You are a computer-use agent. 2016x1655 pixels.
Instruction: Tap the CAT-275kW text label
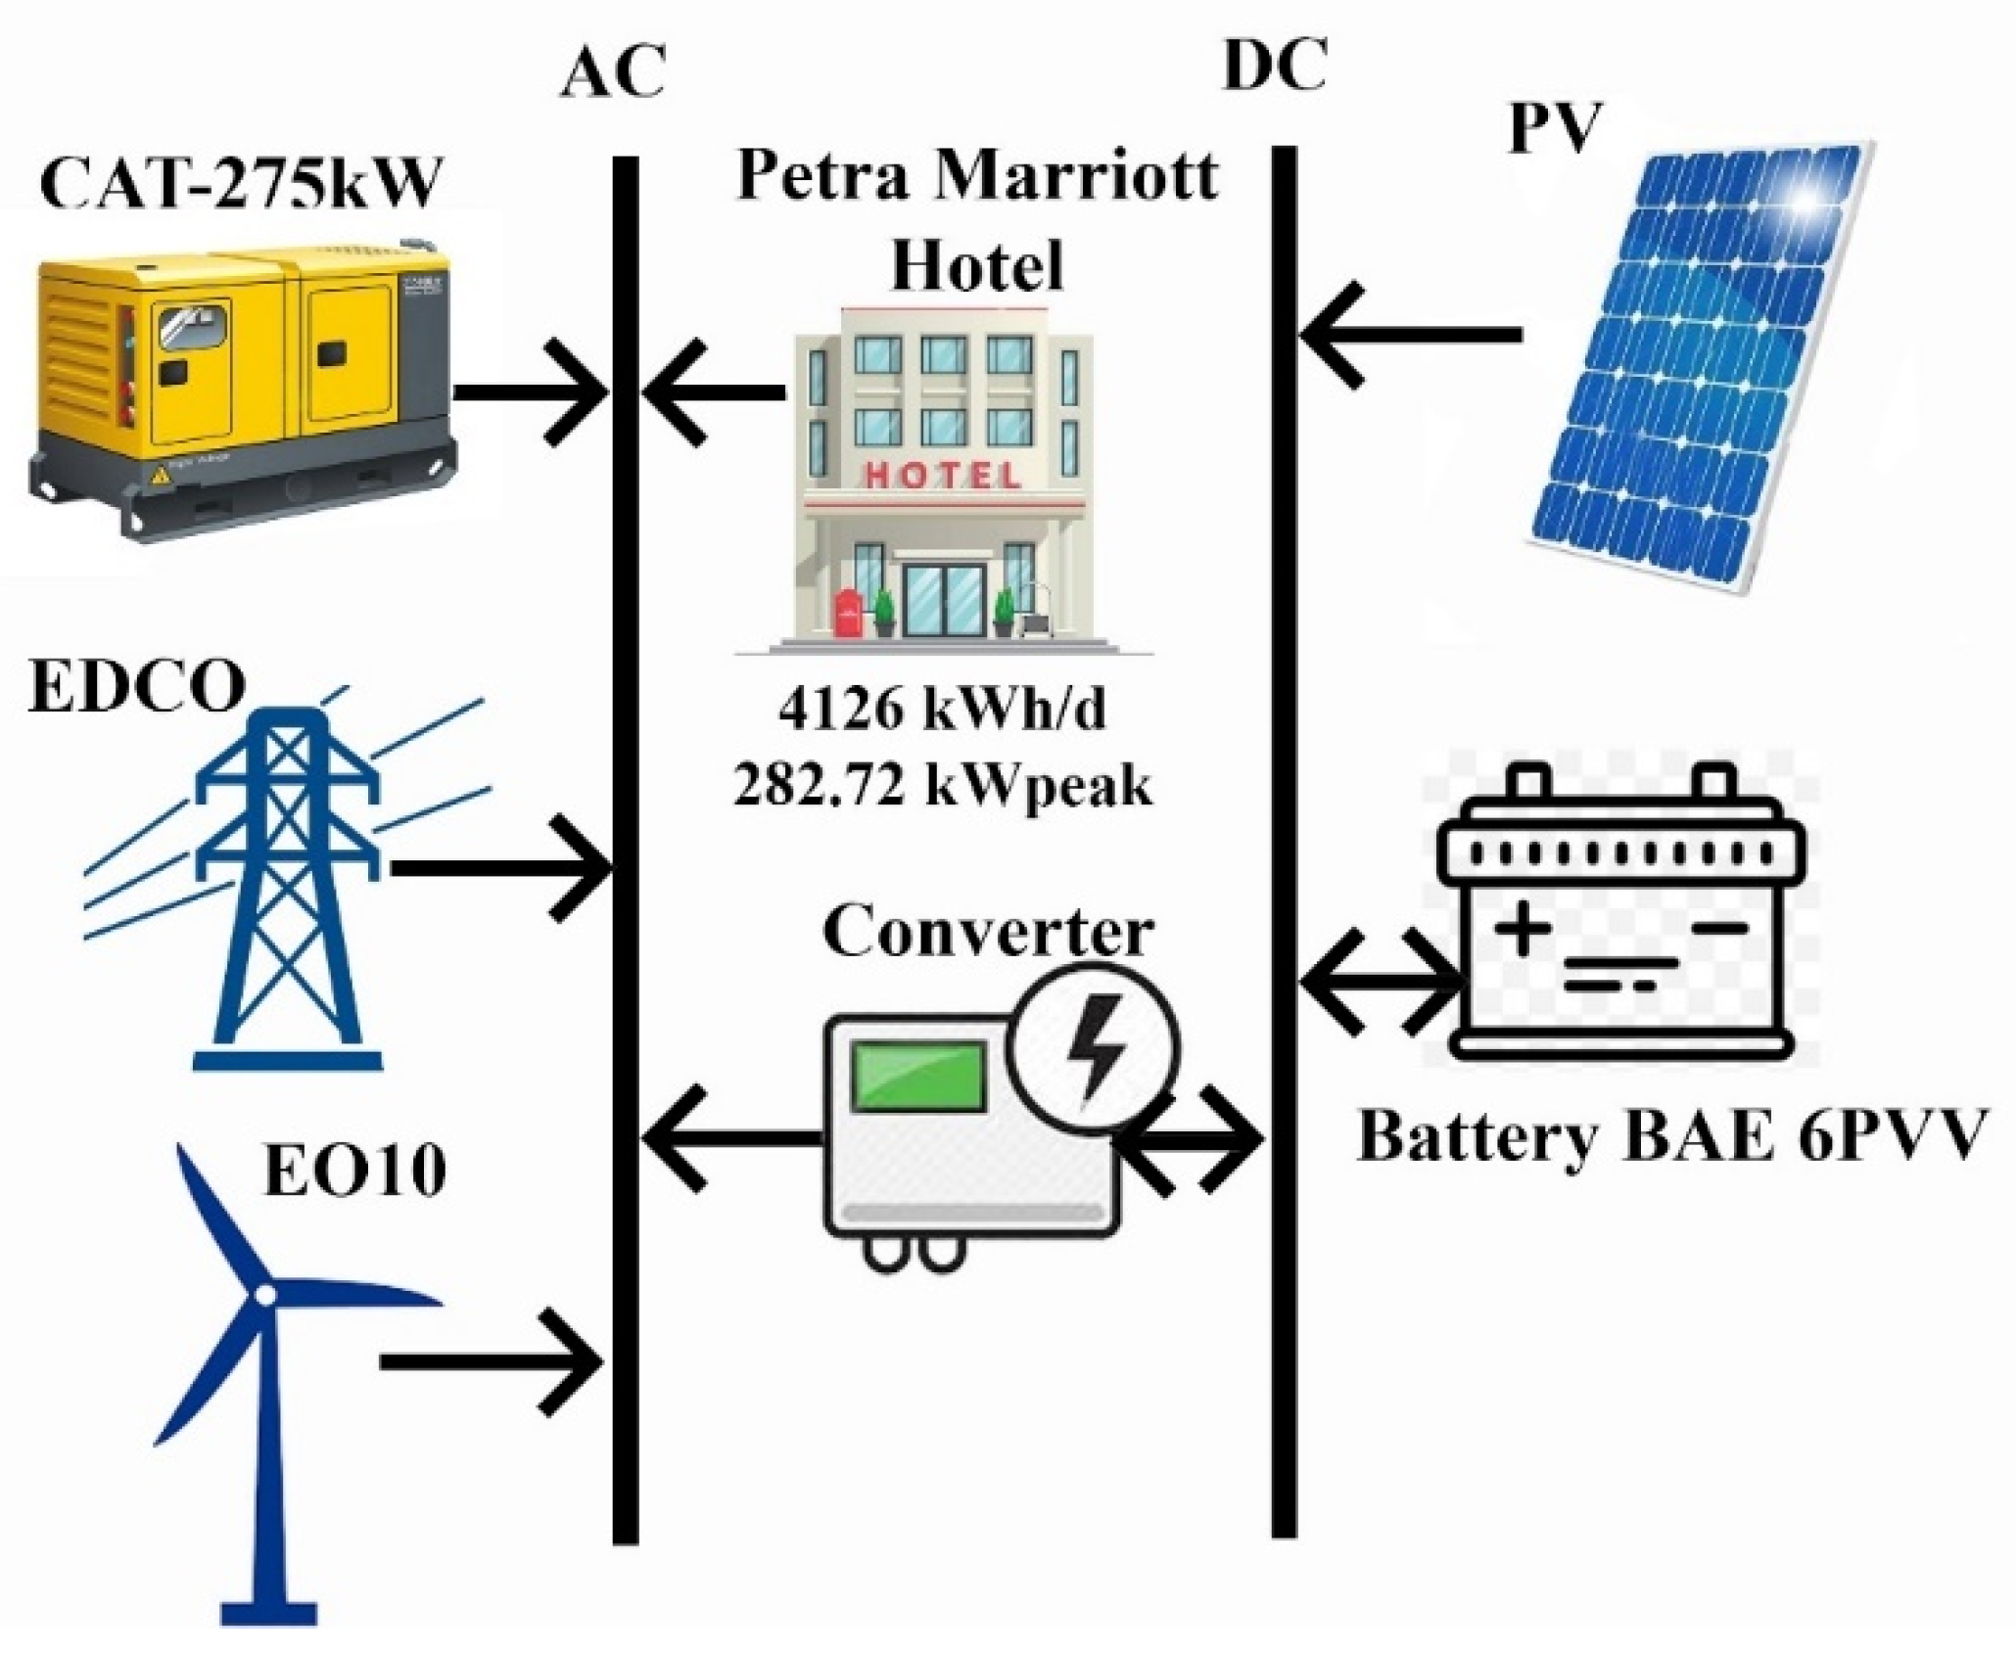pos(240,182)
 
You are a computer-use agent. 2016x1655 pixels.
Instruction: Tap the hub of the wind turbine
pos(264,1296)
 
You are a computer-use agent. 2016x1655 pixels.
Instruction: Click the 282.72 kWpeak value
pos(942,785)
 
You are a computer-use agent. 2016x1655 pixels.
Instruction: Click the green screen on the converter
pos(917,1077)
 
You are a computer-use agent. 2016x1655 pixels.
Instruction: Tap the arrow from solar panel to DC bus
pos(1410,336)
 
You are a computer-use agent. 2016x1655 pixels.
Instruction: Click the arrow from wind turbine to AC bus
pos(490,1361)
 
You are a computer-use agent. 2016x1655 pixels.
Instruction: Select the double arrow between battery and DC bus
pos(1381,982)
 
